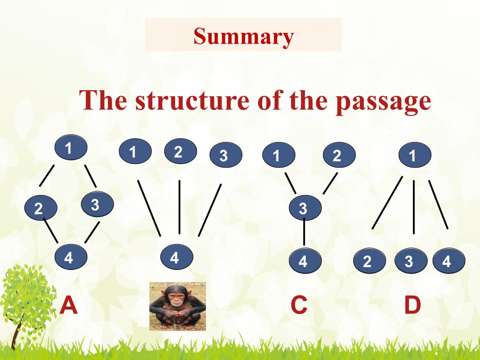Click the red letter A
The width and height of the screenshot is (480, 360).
tap(69, 305)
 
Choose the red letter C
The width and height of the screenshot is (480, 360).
tap(299, 305)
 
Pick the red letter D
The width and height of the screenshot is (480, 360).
tap(412, 305)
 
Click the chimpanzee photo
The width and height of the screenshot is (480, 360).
tap(178, 306)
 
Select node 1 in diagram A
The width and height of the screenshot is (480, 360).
tap(71, 147)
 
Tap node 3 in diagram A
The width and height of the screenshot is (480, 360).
tap(97, 204)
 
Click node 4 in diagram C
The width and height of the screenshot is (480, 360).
tap(305, 260)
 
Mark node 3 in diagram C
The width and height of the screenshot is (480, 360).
tap(305, 208)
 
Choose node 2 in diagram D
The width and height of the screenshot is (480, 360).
tap(370, 260)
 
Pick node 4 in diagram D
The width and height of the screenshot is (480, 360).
tap(449, 260)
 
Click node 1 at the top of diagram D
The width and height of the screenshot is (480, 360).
tap(415, 155)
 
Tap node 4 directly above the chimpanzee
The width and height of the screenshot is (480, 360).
tap(177, 257)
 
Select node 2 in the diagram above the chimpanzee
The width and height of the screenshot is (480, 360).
tap(180, 151)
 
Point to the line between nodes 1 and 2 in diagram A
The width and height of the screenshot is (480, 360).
tap(47, 176)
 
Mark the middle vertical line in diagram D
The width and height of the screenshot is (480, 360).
tap(414, 207)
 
